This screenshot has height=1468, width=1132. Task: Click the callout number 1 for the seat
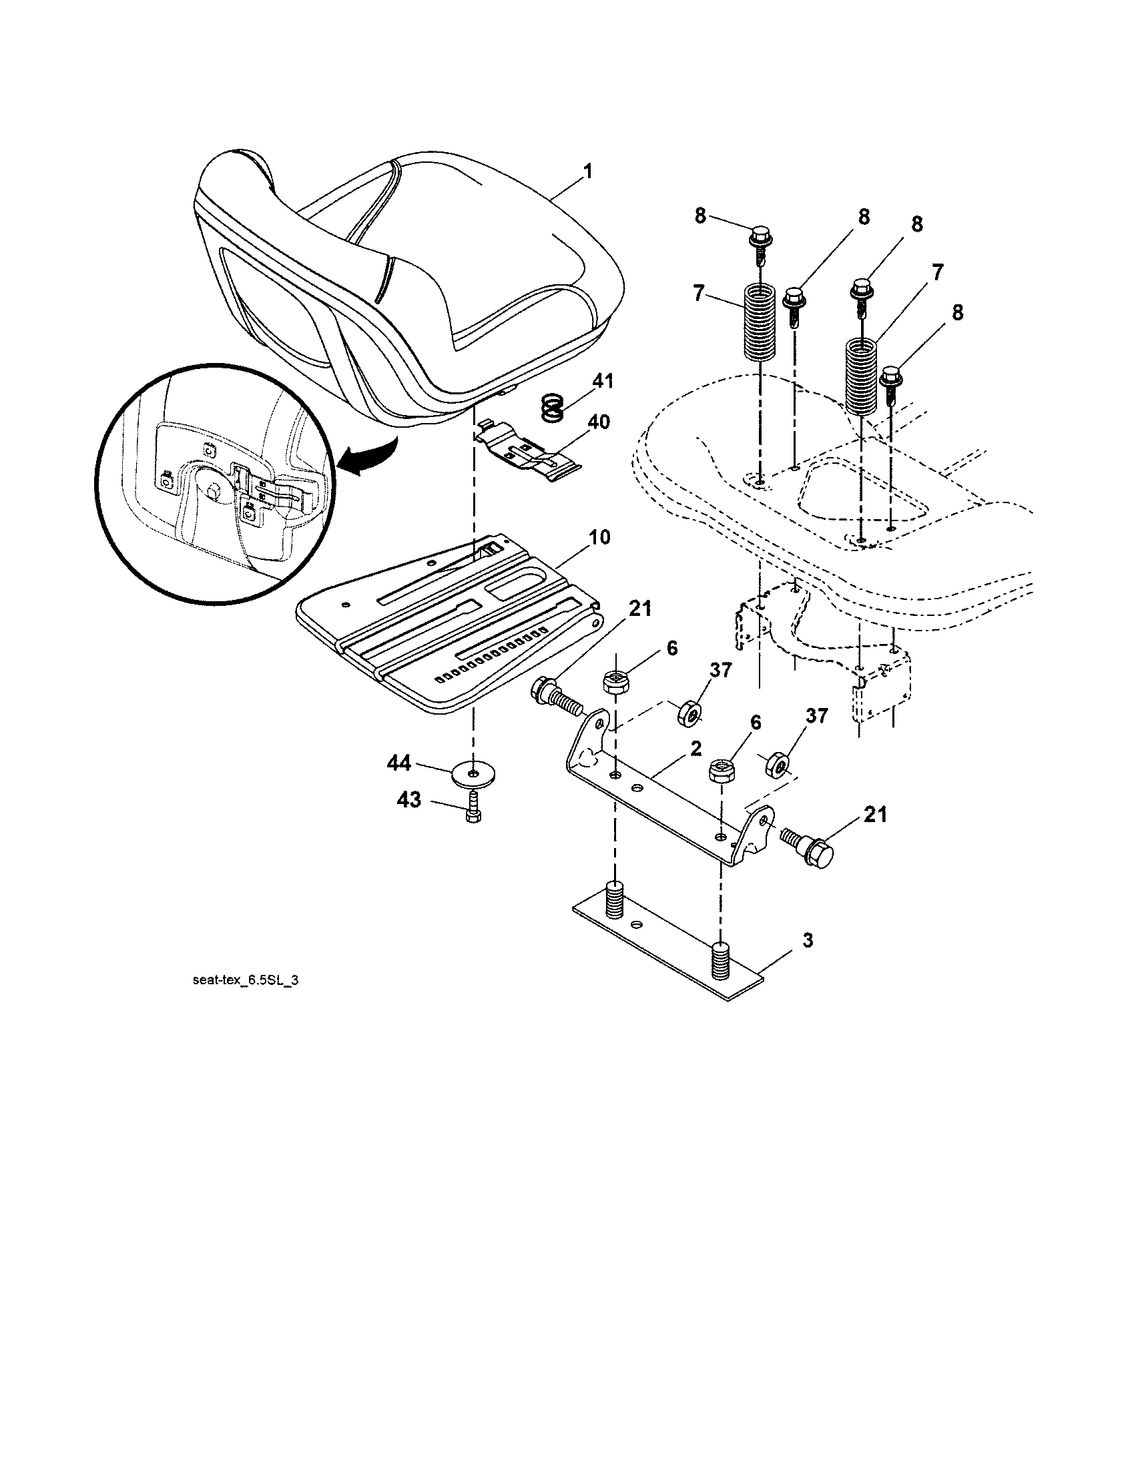click(588, 171)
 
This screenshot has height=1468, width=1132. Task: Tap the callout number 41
click(603, 381)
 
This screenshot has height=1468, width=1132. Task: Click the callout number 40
click(598, 422)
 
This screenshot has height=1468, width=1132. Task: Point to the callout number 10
click(599, 538)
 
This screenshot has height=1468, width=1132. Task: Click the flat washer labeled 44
click(475, 774)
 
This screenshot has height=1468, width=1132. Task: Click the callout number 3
click(808, 941)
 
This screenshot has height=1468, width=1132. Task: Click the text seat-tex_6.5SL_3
click(246, 981)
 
